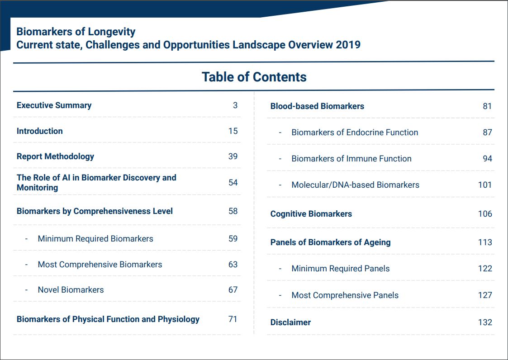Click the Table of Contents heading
(254, 77)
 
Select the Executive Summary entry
(54, 105)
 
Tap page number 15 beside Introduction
(233, 131)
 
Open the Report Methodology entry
(55, 156)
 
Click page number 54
(233, 182)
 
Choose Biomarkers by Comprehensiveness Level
(95, 211)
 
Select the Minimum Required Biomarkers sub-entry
(95, 239)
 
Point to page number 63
(233, 265)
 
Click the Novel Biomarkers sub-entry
(71, 290)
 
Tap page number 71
(233, 319)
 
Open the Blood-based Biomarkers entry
(317, 106)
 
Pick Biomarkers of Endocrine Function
(355, 133)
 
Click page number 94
(487, 159)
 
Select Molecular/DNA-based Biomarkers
(356, 185)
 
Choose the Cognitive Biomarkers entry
(311, 214)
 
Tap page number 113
(485, 242)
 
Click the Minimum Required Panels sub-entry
(341, 269)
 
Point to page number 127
(485, 295)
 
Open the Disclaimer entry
(290, 322)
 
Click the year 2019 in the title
(348, 45)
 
